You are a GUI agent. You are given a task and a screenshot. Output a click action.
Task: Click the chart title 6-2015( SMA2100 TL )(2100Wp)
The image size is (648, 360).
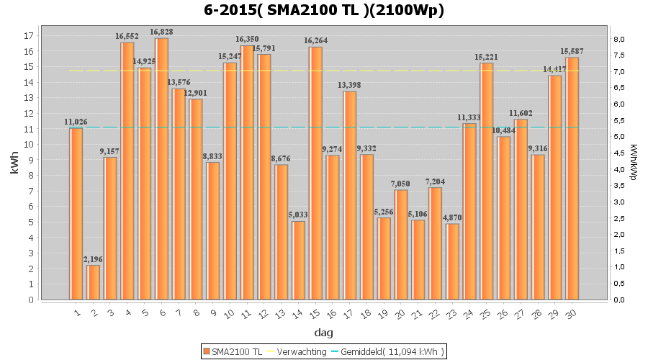(323, 11)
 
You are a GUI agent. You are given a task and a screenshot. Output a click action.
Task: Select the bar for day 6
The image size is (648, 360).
(162, 168)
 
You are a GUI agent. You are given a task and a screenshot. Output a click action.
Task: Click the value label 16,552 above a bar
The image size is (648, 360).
(127, 37)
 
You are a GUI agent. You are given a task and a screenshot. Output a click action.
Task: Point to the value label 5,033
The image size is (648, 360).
(298, 215)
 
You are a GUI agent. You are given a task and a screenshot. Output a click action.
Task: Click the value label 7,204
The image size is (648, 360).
(435, 181)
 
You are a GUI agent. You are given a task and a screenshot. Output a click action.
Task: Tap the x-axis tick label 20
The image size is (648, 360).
(400, 312)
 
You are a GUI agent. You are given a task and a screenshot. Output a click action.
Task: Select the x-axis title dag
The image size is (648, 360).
(323, 332)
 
